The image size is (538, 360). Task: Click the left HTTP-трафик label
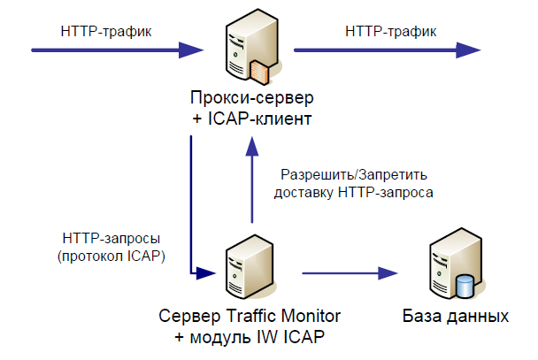click(x=105, y=31)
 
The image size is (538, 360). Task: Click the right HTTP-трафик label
click(x=390, y=31)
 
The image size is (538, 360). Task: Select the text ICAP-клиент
click(x=262, y=118)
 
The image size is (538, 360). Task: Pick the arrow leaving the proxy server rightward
click(x=389, y=50)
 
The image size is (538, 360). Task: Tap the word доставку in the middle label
click(x=306, y=192)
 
